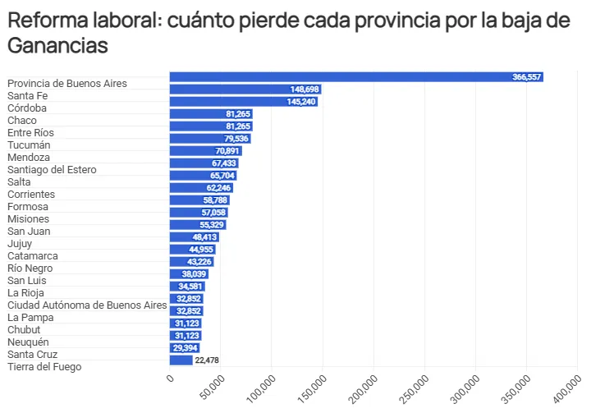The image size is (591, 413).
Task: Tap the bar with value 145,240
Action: coord(243,101)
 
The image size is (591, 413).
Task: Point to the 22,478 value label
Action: coord(206,360)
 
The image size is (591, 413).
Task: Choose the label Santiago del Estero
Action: coord(52,169)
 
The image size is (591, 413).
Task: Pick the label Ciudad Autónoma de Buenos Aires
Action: coord(87,305)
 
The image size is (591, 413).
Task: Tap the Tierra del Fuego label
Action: coord(44,366)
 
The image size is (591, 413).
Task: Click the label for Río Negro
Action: coord(30,268)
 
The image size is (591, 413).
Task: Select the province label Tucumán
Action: coord(29,145)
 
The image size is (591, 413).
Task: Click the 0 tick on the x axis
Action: coord(171,377)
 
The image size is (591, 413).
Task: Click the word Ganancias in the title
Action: coord(57,46)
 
